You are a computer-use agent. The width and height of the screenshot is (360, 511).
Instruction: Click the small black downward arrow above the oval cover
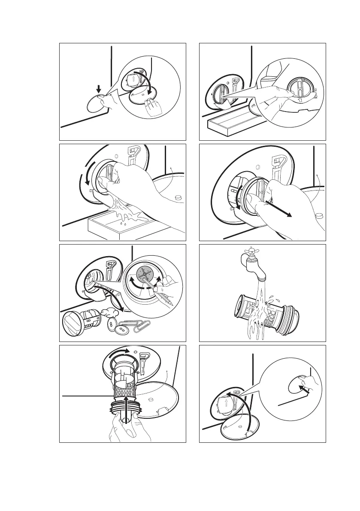coord(99,89)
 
